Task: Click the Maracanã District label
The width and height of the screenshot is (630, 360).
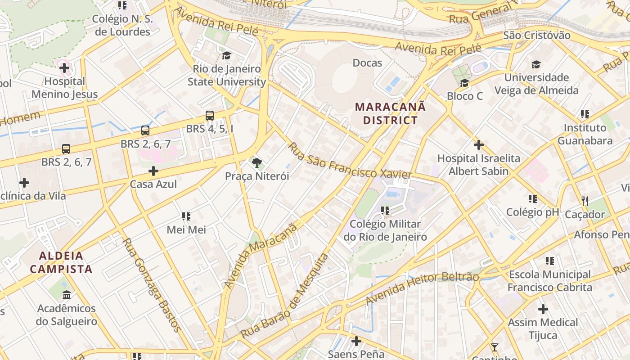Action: pos(390,113)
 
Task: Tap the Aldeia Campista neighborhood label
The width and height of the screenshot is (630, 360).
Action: pos(61,263)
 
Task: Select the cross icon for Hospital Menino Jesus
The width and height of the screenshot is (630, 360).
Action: pos(64,68)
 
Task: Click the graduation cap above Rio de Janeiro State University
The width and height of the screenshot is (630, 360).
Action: pos(226,55)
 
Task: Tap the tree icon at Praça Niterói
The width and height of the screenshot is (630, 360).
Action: pos(256,162)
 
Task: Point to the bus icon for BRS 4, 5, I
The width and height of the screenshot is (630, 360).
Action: pos(210,116)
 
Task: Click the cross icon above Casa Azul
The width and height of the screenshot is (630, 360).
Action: pos(153,171)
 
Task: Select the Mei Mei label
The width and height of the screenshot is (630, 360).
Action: pos(186,229)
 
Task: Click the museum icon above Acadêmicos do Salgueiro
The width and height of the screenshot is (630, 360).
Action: pos(67,295)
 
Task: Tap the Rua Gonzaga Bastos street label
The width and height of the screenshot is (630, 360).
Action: pos(152,285)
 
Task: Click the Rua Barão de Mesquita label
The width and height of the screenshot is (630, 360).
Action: pos(285,296)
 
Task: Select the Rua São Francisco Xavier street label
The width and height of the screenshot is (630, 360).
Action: pos(350,161)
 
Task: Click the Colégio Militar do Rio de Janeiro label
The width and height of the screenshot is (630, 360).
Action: pos(385,230)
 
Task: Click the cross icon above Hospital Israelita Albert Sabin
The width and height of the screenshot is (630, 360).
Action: pos(479,145)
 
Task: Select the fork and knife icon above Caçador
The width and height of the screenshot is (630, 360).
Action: pos(585,201)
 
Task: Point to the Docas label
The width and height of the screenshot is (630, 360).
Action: pos(367,63)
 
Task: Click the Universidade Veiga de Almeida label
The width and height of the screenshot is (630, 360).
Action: pos(536,84)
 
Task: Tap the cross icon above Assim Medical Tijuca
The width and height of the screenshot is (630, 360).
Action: pos(543,309)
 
